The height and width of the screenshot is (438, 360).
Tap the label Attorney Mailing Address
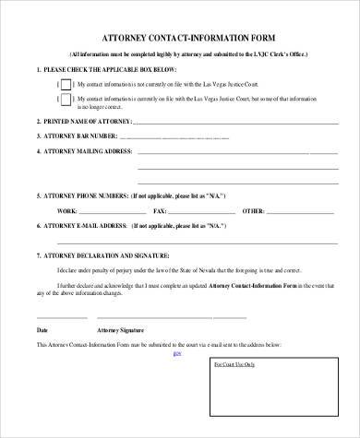point(84,150)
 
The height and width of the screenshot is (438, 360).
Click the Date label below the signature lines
point(42,329)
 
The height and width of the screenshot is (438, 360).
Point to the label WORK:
point(66,211)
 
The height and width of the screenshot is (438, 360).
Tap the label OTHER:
point(252,211)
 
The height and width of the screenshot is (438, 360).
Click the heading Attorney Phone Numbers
point(84,197)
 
